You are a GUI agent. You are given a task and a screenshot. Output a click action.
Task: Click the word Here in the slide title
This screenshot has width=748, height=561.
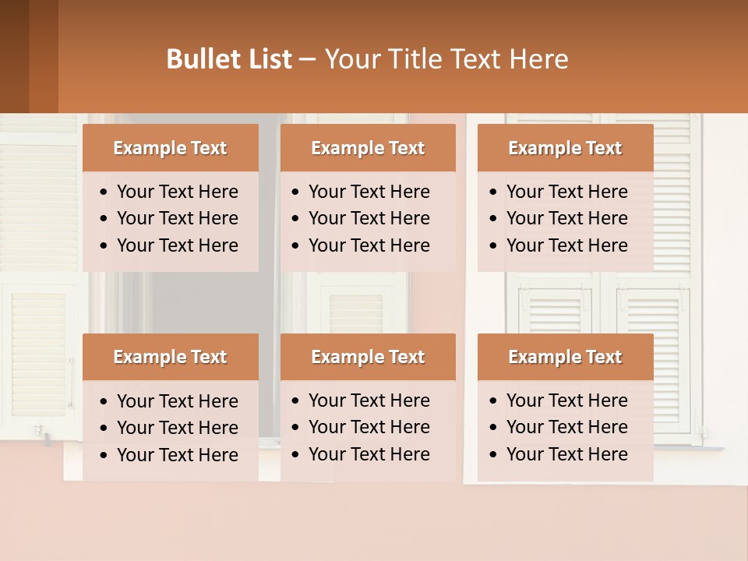[x=538, y=59]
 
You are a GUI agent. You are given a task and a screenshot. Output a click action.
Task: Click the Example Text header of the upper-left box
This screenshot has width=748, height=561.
[x=170, y=148]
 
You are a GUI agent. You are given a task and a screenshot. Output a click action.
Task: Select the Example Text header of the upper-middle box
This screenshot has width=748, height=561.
[x=368, y=148]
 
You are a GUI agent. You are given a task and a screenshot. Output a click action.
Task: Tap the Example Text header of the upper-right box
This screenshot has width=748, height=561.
[x=565, y=148]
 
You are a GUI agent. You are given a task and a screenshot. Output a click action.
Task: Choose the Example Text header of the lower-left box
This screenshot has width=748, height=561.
[x=170, y=357]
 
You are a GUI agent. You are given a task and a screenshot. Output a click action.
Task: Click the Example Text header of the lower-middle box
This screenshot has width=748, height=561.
[x=368, y=357]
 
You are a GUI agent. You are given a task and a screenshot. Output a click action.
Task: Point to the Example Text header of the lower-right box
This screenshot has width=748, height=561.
[x=565, y=357]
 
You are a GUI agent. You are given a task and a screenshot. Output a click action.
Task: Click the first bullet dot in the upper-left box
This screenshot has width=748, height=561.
[x=104, y=192]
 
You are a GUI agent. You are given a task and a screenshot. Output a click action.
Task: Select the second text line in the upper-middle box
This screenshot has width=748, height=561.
[x=369, y=218]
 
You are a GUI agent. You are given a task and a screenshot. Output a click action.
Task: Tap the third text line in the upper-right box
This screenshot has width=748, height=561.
[x=566, y=245]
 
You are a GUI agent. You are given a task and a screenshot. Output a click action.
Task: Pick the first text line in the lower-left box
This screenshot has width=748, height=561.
[x=177, y=401]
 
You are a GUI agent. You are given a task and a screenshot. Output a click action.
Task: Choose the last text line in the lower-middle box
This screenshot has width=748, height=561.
[x=369, y=454]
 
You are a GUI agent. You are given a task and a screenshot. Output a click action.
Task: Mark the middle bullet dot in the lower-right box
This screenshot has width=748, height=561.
[x=494, y=428]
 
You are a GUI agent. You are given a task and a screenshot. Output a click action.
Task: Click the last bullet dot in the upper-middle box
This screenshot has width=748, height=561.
[x=296, y=246]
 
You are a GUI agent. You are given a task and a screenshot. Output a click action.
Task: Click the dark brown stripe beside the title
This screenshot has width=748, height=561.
[x=15, y=56]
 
